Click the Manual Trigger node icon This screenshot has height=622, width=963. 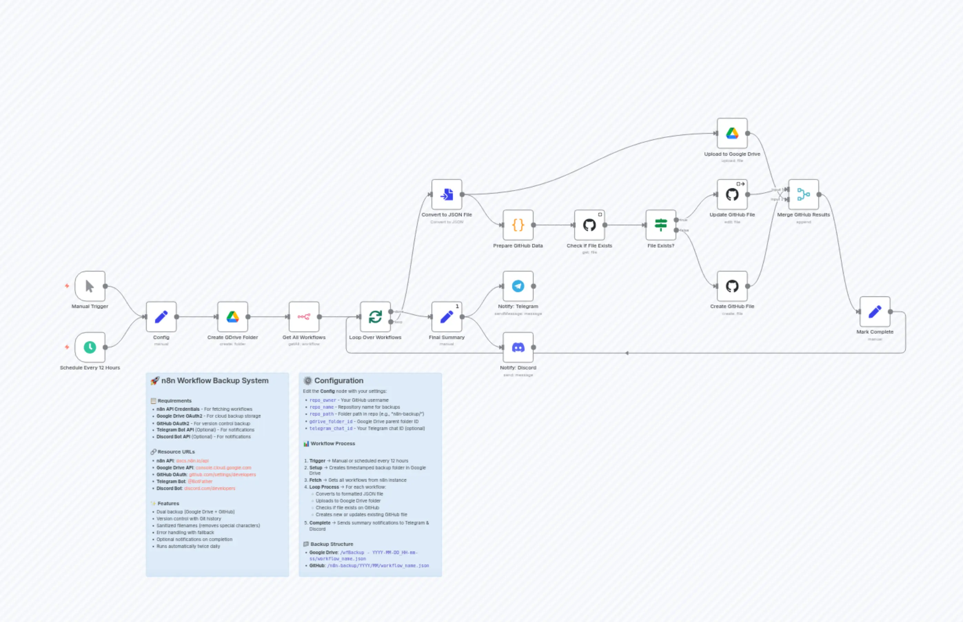point(90,286)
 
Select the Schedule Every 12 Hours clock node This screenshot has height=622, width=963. point(90,347)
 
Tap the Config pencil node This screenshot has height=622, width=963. point(161,317)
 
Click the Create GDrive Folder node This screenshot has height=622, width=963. point(233,317)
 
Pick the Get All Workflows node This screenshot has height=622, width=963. point(304,317)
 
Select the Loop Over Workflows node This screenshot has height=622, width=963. point(375,317)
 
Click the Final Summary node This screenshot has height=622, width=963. point(446,317)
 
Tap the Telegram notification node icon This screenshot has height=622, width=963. point(518,286)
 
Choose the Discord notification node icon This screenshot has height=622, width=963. point(518,347)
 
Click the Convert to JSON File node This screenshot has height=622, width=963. point(446,195)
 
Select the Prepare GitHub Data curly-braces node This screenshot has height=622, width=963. point(518,225)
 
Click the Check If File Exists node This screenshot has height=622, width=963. point(589,225)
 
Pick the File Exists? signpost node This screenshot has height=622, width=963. point(661,225)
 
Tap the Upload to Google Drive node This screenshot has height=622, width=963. point(732,133)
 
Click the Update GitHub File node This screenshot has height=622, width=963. point(732,195)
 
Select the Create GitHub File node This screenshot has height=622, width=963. point(732,286)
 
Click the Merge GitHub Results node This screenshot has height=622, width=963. point(803,195)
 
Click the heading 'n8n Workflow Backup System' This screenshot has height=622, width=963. point(214,381)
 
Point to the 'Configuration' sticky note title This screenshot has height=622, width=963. point(338,381)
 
